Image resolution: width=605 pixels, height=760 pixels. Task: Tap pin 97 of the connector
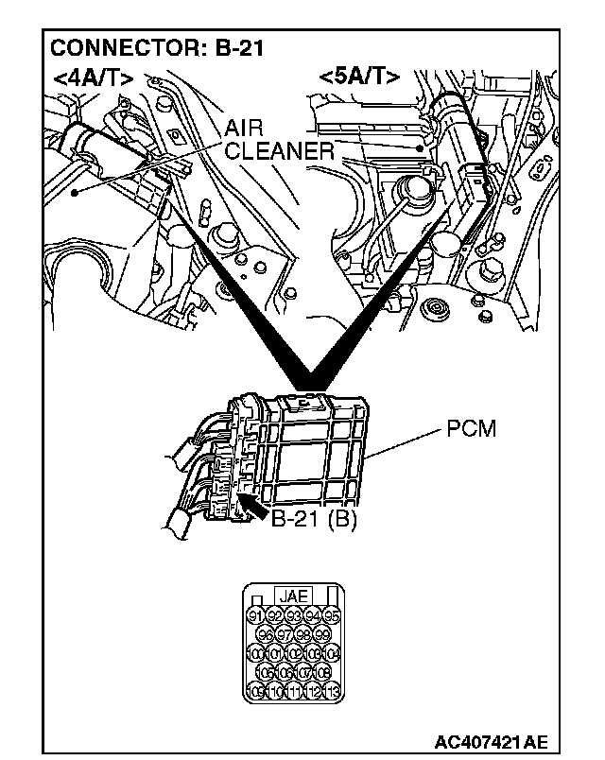click(284, 635)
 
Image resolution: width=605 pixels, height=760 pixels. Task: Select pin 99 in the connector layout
click(322, 635)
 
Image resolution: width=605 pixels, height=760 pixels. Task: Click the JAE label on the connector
click(292, 596)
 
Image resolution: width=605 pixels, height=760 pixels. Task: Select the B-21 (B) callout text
click(313, 518)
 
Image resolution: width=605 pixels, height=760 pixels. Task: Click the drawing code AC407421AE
click(492, 740)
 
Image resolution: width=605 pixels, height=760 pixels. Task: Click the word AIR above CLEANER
click(243, 130)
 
